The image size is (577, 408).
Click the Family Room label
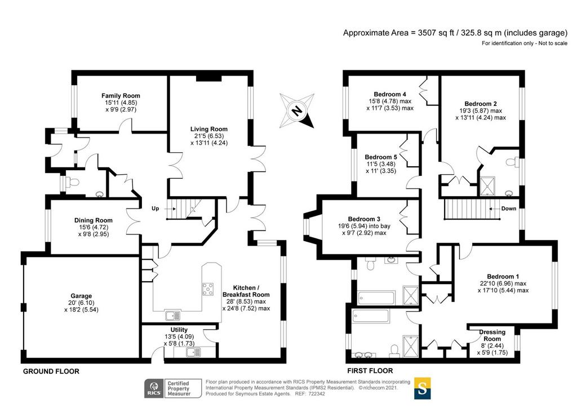pos(121,96)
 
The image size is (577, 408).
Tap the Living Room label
pos(208,129)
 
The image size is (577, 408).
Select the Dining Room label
pos(94,220)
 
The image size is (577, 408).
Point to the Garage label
pos(81,296)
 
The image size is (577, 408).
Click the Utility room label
pos(179,330)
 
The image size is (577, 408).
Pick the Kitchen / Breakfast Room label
pos(246,291)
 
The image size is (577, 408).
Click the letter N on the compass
pos(296,110)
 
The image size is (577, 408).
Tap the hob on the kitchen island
pos(207,289)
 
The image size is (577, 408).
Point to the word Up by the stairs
pos(156,209)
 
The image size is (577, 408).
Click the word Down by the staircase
pos(509,209)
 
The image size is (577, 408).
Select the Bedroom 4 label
pos(390,94)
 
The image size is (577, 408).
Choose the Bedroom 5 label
pos(381,157)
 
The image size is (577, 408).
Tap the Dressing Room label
pos(492,335)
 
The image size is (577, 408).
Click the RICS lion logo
pos(154,388)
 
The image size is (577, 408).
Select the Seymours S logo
pos(423,388)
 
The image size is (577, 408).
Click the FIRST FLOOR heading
pos(370,371)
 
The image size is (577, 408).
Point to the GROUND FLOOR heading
pos(51,371)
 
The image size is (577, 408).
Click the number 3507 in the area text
pos(427,33)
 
